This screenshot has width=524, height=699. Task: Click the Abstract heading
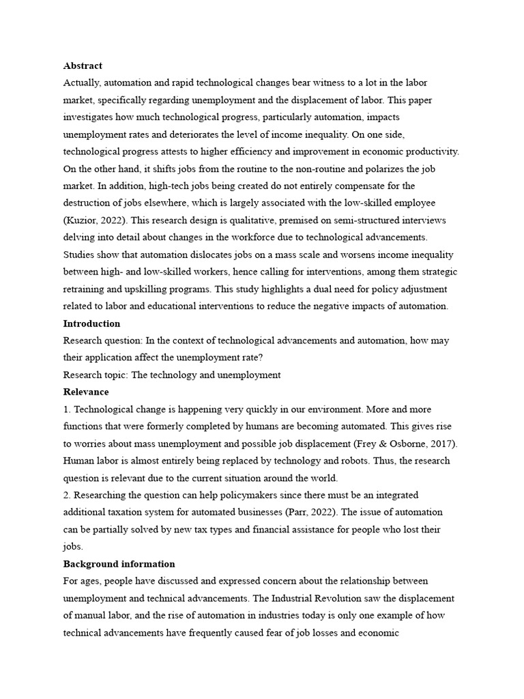pos(83,66)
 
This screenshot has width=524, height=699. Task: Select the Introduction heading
pos(91,324)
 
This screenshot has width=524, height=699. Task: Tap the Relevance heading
pos(86,393)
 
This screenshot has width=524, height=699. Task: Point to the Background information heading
pos(119,565)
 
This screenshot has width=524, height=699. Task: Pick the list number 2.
pos(66,495)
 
